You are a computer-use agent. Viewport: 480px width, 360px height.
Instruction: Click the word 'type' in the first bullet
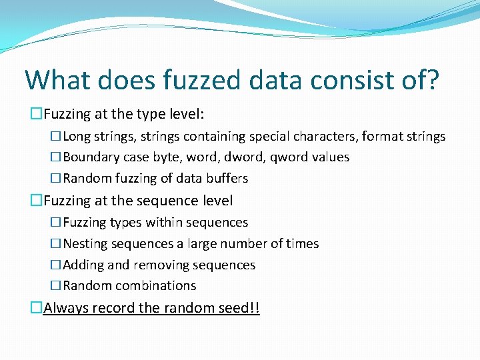click(x=157, y=115)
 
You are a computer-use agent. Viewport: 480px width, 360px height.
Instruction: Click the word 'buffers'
click(x=226, y=179)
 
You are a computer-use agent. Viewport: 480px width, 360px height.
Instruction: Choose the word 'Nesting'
click(x=85, y=244)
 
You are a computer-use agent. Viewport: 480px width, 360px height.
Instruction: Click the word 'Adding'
click(x=84, y=265)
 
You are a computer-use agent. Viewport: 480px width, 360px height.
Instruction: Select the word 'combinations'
click(x=155, y=286)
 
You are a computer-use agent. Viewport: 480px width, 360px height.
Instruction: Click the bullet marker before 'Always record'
click(x=37, y=308)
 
